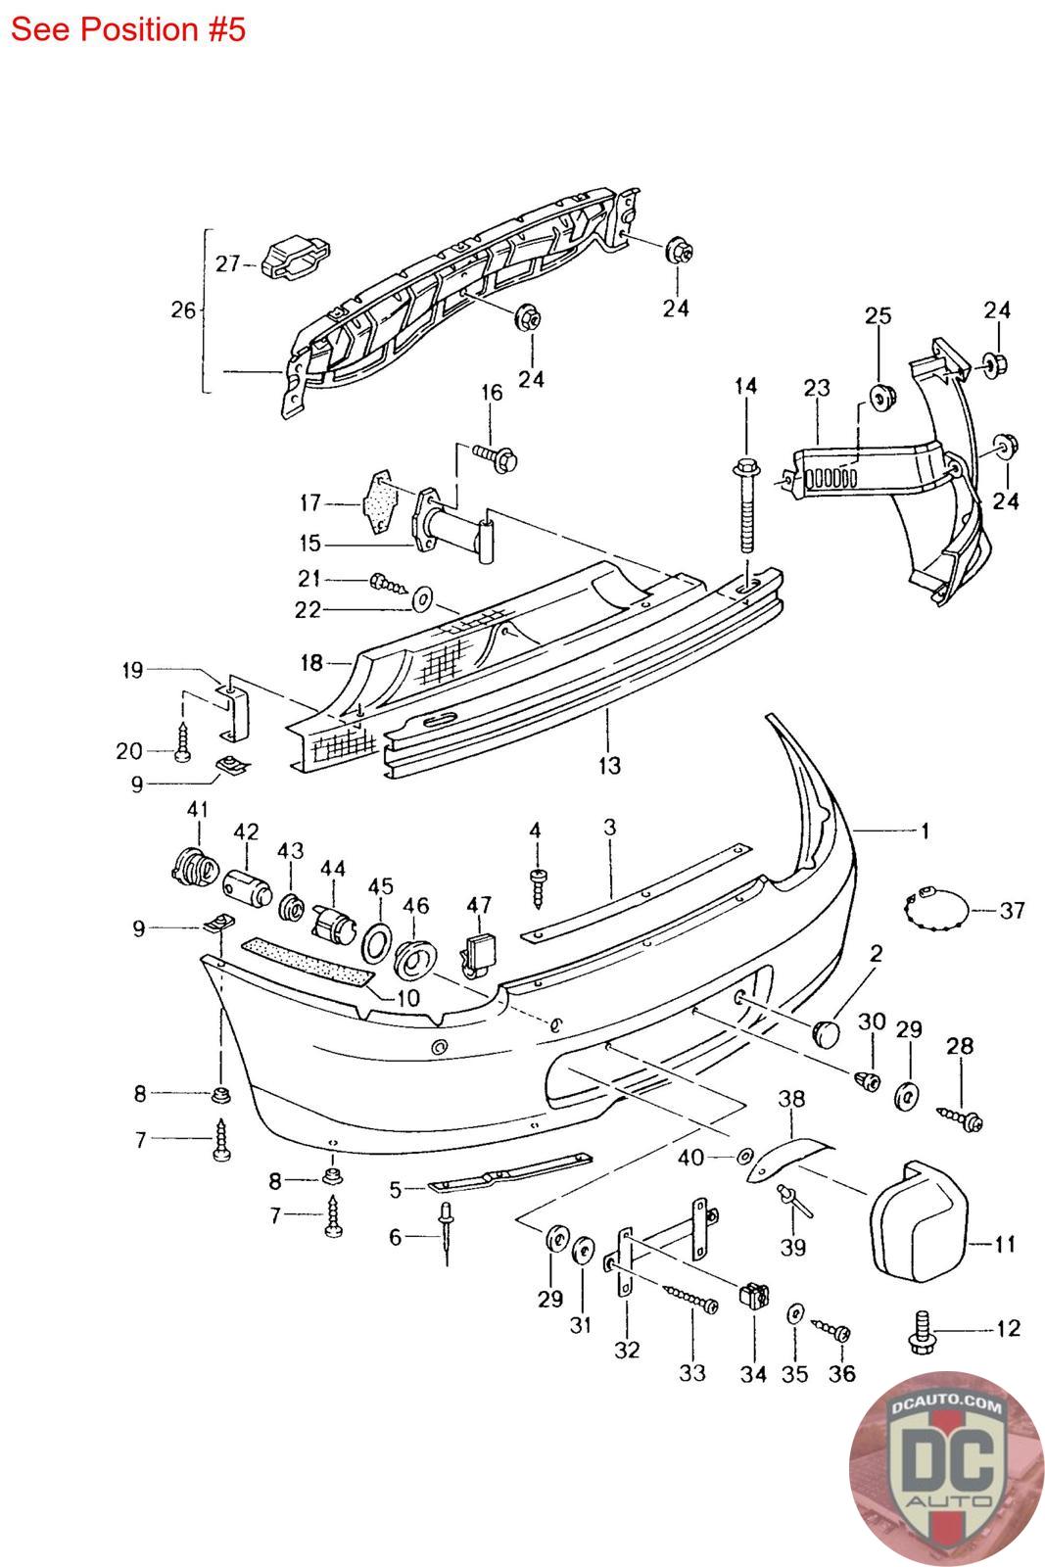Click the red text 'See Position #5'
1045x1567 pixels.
pyautogui.click(x=128, y=29)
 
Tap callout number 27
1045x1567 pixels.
pyautogui.click(x=227, y=263)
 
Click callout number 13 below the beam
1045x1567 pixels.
pyautogui.click(x=609, y=765)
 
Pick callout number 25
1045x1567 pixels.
pyautogui.click(x=878, y=315)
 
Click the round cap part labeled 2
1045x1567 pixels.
pyautogui.click(x=826, y=1032)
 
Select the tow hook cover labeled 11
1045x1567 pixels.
pyautogui.click(x=918, y=1220)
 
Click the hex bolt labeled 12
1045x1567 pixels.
pyautogui.click(x=922, y=1333)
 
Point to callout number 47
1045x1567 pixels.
pyautogui.click(x=479, y=905)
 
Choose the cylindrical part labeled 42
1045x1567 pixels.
pyautogui.click(x=248, y=886)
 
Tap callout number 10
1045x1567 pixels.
pyautogui.click(x=407, y=998)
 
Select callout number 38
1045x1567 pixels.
pyautogui.click(x=791, y=1099)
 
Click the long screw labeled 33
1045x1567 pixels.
pyautogui.click(x=691, y=1299)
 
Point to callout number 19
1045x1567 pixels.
pyautogui.click(x=132, y=670)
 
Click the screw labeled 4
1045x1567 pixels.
pyautogui.click(x=537, y=887)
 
